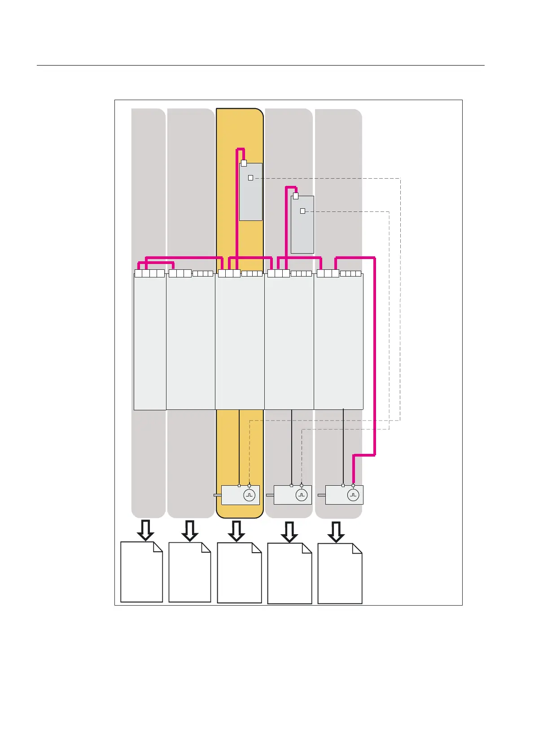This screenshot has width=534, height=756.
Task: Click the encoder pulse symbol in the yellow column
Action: pos(249,495)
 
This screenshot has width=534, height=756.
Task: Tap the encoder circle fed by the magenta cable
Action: pos(353,495)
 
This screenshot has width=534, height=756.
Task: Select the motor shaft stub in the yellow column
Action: pos(218,495)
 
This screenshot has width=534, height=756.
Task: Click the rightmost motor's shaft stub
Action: pos(321,495)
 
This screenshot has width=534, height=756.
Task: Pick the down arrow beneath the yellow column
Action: pos(236,531)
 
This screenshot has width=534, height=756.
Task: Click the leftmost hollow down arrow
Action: pos(145,530)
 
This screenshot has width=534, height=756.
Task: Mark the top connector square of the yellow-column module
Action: pos(244,163)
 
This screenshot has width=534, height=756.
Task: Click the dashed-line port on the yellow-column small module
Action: pos(250,178)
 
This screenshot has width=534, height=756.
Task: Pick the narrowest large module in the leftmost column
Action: pos(150,341)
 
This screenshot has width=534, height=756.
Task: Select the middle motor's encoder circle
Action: pos(302,495)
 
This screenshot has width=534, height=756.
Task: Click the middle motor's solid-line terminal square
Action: pos(291,485)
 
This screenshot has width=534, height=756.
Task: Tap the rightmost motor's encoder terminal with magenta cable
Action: pos(353,485)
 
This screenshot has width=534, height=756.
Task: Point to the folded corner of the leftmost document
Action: pos(158,546)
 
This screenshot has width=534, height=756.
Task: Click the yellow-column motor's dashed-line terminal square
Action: pos(249,485)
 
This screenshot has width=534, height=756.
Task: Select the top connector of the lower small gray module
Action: pos(296,196)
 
